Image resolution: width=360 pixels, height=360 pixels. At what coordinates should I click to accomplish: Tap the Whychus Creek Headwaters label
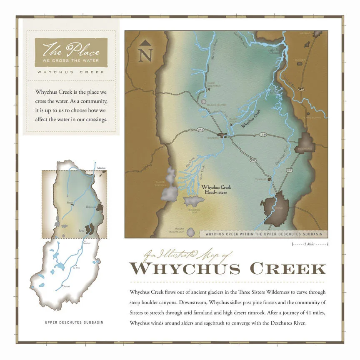click(x=216, y=190)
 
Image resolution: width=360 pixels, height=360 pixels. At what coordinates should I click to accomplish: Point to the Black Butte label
click(x=215, y=105)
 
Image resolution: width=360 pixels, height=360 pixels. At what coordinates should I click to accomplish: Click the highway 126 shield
click(x=262, y=134)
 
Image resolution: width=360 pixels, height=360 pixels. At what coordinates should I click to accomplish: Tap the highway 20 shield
click(x=253, y=160)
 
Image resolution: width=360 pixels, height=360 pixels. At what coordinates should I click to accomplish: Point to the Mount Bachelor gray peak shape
click(x=190, y=232)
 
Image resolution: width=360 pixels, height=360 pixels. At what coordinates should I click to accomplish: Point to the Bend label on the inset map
click(x=82, y=230)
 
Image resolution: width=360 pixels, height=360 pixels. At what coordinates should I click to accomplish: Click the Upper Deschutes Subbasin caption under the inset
click(x=74, y=322)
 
